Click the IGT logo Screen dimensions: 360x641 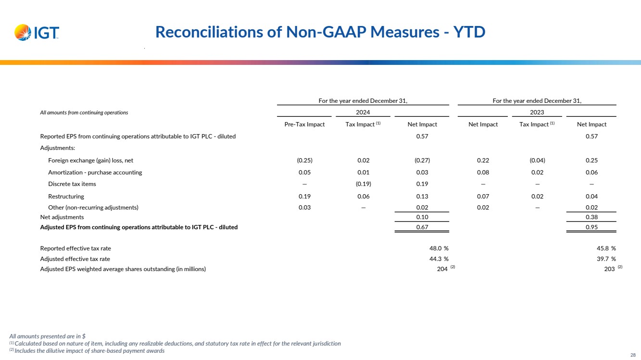(x=37, y=33)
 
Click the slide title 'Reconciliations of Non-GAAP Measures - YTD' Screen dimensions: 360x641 (x=320, y=32)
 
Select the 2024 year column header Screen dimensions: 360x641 (x=363, y=112)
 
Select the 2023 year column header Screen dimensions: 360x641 (x=537, y=112)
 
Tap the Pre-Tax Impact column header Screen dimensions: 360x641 (x=305, y=124)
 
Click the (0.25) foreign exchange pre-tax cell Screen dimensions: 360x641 (x=305, y=161)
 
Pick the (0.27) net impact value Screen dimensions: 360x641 (x=422, y=161)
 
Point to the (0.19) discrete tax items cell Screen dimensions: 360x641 (x=363, y=184)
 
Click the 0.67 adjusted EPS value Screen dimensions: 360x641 (x=422, y=227)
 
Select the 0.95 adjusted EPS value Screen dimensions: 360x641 (x=591, y=227)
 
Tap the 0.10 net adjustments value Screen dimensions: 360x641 (x=422, y=217)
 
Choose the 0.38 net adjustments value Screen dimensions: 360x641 (x=591, y=217)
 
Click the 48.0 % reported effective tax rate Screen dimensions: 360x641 (x=436, y=248)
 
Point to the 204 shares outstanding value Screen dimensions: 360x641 (x=442, y=269)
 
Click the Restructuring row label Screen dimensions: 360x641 (x=66, y=196)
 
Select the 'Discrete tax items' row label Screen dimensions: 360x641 (x=72, y=184)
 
